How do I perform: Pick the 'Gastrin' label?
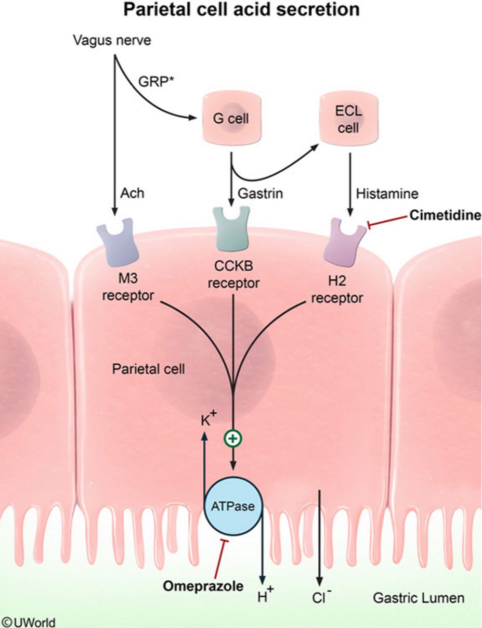260,194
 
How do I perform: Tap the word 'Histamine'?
380,194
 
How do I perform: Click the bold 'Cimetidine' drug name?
444,215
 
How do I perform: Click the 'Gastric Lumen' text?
419,598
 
